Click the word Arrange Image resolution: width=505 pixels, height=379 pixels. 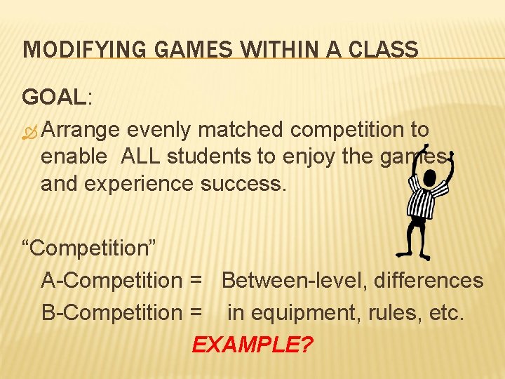(x=84, y=131)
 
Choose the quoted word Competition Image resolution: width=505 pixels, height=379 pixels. (x=91, y=248)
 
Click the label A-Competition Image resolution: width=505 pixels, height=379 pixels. (x=112, y=281)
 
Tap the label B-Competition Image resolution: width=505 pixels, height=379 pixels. (x=112, y=312)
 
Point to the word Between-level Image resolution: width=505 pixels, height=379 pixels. (x=294, y=281)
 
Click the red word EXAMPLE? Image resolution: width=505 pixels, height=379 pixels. (x=252, y=345)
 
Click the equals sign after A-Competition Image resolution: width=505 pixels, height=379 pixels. (x=196, y=281)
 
